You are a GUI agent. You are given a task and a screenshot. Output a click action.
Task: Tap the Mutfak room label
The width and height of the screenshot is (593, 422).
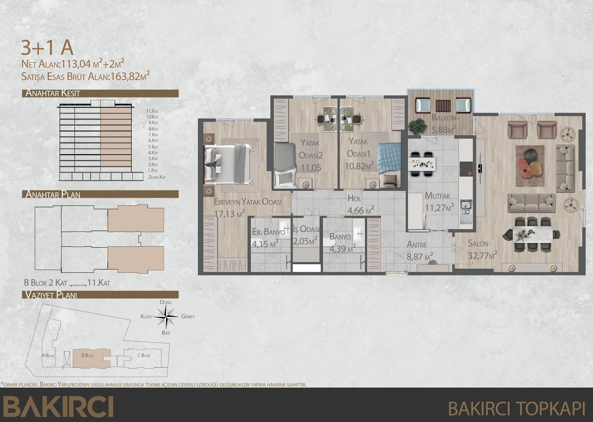tap(438, 195)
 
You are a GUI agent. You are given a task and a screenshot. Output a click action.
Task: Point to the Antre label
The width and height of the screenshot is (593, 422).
tap(417, 245)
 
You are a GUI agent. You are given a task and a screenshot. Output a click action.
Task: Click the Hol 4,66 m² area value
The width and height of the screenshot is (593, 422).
tap(361, 210)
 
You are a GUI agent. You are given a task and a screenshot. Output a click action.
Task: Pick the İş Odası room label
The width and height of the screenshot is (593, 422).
tap(306, 229)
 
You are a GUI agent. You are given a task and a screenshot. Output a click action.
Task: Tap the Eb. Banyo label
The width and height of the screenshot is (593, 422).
tap(268, 232)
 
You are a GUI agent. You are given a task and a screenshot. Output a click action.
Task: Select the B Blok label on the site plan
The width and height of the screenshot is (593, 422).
tap(88, 355)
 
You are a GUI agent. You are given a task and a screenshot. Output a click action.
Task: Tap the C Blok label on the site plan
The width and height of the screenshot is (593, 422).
tap(144, 355)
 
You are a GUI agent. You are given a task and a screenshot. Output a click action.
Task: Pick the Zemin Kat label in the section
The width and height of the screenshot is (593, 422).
tap(157, 177)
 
